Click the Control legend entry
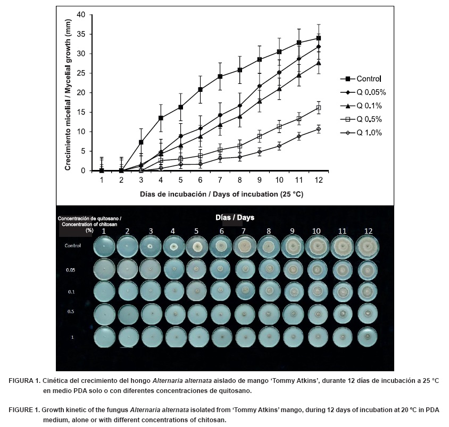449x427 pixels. pos(362,79)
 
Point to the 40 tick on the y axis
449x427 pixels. pos(81,14)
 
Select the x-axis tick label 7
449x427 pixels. pos(220,181)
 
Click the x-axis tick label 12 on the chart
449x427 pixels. pos(318,181)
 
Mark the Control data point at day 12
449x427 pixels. pos(318,38)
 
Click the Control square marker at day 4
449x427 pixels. pos(161,118)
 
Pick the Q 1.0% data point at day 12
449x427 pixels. pos(318,129)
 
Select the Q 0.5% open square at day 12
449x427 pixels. pos(318,108)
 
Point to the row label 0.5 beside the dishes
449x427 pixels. pos(70,312)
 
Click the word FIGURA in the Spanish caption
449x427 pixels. pos(23,381)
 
